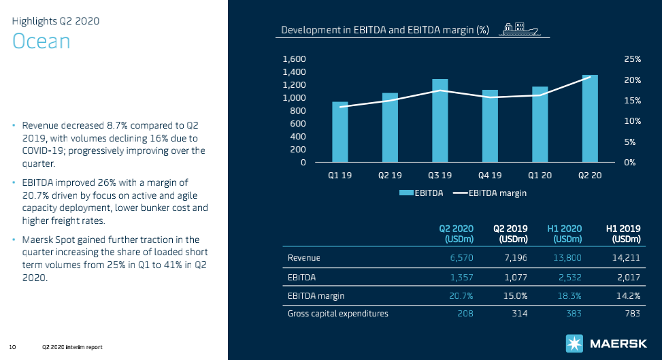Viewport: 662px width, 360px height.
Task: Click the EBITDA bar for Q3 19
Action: tap(440, 121)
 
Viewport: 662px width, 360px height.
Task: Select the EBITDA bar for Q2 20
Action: tap(590, 119)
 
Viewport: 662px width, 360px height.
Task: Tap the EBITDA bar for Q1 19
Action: tap(340, 133)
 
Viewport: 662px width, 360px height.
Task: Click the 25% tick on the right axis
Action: tap(632, 60)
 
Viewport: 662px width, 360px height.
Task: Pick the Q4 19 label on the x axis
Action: tap(490, 176)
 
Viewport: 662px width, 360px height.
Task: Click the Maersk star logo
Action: tap(573, 344)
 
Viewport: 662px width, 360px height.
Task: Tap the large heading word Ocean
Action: tap(42, 42)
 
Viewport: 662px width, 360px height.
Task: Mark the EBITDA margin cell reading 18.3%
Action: tap(568, 295)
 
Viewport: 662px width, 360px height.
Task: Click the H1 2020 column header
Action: tap(565, 233)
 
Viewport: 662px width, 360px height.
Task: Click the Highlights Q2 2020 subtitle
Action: tap(56, 20)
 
